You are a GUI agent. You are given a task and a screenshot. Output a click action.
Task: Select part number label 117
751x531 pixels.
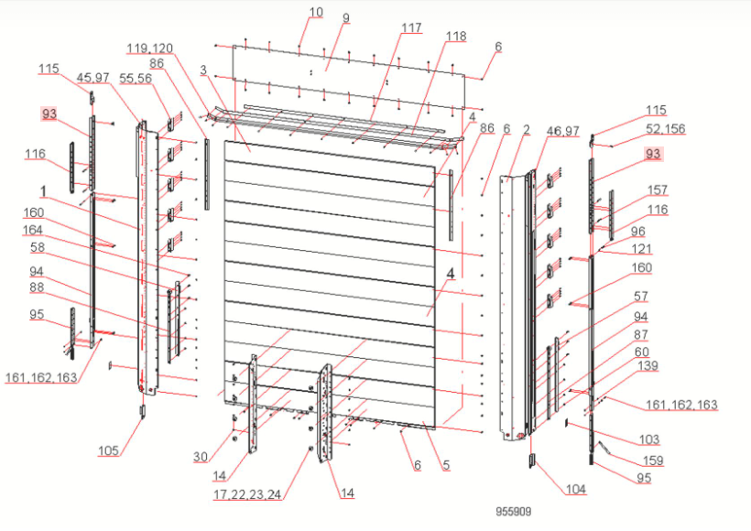click(x=411, y=27)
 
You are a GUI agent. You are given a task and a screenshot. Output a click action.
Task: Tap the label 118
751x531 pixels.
click(x=455, y=36)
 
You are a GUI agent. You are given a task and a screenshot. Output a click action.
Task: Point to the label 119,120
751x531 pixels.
click(x=149, y=48)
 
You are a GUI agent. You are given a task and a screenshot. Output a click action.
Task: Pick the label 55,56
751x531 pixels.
click(x=136, y=80)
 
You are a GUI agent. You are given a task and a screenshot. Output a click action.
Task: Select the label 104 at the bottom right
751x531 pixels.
click(x=574, y=490)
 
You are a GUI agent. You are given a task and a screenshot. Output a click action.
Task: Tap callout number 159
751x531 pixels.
click(x=652, y=460)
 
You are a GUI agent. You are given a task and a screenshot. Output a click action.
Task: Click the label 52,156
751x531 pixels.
click(x=666, y=129)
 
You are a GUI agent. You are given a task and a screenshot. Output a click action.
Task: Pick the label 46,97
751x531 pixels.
click(x=561, y=131)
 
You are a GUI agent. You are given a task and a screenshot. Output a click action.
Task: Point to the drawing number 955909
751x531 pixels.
click(x=513, y=512)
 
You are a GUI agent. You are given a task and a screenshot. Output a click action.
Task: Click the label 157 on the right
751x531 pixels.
click(x=657, y=190)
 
